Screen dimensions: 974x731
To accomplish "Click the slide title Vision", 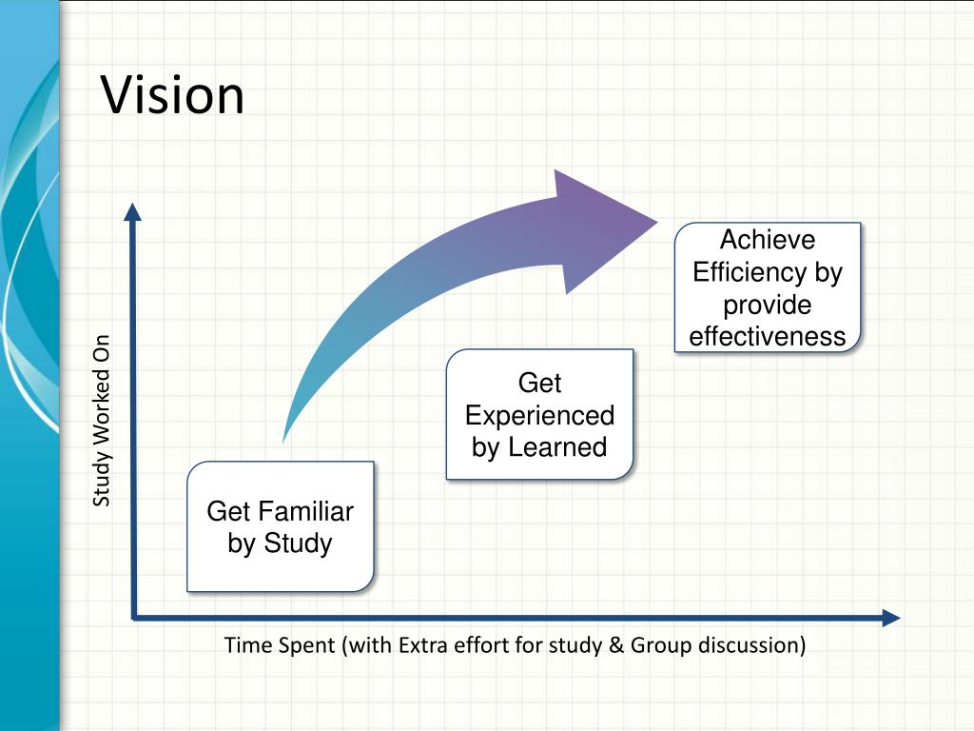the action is pyautogui.click(x=173, y=95).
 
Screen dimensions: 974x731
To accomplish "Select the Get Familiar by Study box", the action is pyautogui.click(x=280, y=526).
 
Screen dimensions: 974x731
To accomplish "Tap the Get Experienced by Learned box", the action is pyautogui.click(x=539, y=415).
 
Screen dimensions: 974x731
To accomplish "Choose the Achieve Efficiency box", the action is pyautogui.click(x=767, y=287).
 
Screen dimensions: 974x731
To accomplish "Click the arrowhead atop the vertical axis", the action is pyautogui.click(x=132, y=210).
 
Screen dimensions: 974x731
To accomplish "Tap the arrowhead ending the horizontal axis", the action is pyautogui.click(x=890, y=618).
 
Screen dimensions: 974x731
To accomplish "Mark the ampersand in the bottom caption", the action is pyautogui.click(x=615, y=645).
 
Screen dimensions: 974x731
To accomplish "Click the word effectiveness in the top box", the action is pyautogui.click(x=767, y=336).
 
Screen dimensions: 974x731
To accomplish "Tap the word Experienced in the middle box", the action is pyautogui.click(x=539, y=416).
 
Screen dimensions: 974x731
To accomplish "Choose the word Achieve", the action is pyautogui.click(x=767, y=240).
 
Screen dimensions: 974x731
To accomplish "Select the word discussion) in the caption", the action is pyautogui.click(x=752, y=645).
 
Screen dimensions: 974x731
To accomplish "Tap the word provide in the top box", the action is pyautogui.click(x=767, y=305).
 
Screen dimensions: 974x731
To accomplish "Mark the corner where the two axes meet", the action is pyautogui.click(x=134, y=618).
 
